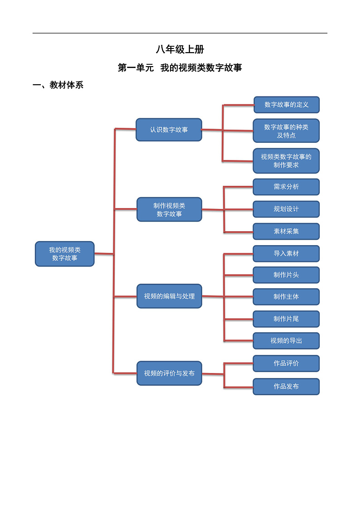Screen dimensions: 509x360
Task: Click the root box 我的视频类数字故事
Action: click(65, 254)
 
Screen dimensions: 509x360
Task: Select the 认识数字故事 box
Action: click(169, 130)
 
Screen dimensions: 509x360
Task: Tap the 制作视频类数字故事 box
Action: click(169, 209)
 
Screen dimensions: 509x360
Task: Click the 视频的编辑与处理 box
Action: click(169, 296)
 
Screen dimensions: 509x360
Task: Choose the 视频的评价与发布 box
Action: click(169, 373)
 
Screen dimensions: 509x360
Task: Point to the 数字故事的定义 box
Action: click(287, 105)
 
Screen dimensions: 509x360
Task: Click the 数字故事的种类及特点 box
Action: click(286, 131)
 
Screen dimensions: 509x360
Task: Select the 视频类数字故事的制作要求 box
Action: click(286, 161)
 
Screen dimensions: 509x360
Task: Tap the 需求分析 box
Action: click(286, 187)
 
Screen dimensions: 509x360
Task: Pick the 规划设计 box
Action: click(286, 209)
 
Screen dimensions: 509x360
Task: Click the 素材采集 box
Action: click(286, 231)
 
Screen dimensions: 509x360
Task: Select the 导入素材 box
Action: click(286, 253)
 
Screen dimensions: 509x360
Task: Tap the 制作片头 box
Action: click(286, 275)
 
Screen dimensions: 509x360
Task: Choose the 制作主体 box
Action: click(286, 296)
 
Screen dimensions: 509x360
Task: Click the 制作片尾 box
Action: click(286, 319)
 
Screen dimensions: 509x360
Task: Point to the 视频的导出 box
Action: click(286, 340)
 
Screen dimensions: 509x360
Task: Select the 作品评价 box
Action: click(286, 363)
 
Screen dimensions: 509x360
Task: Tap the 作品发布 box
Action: click(286, 386)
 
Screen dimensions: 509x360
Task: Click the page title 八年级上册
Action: click(180, 50)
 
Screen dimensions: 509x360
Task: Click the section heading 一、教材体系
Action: click(58, 85)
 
